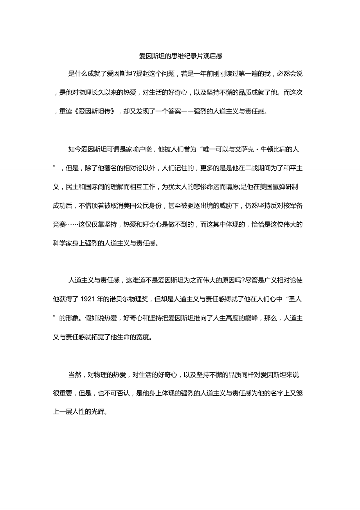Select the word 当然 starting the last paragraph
pyautogui.click(x=74, y=375)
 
